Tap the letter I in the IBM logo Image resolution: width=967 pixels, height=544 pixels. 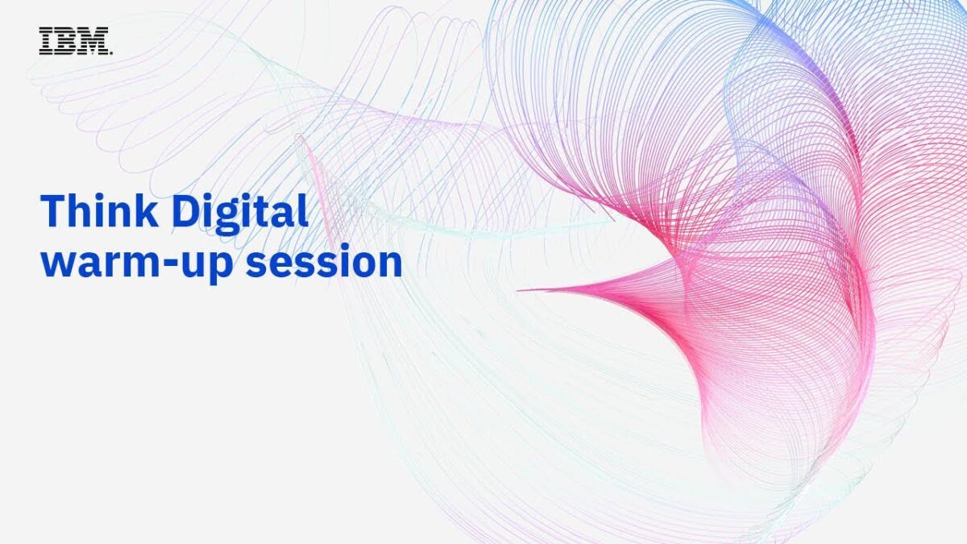46,41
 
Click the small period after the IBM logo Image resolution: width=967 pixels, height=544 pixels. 111,53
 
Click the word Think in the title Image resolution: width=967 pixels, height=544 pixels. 99,210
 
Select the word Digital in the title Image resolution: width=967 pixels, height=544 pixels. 240,214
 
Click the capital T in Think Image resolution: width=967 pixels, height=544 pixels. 52,211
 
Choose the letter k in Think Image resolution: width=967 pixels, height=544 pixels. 147,210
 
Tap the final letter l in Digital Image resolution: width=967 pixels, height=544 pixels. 304,210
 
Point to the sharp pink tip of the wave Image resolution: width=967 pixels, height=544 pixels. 518,290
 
